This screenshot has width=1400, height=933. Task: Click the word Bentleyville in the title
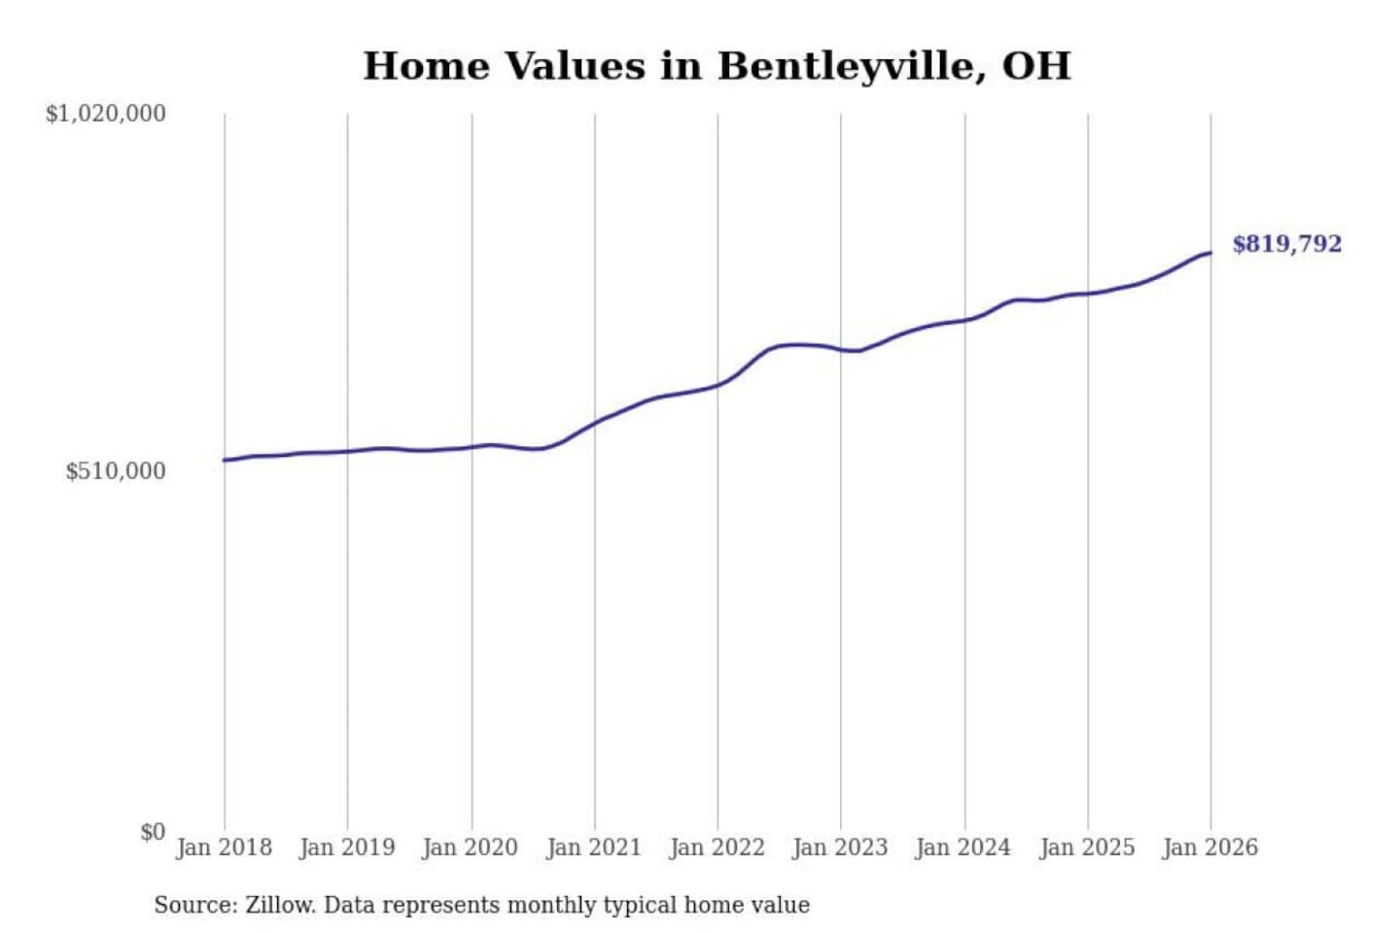tap(845, 66)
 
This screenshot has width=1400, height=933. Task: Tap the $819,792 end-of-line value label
tap(1286, 244)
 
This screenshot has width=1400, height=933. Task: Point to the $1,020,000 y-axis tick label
tap(106, 114)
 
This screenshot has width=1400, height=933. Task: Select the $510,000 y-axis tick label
tap(116, 471)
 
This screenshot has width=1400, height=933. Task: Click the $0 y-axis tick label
tap(153, 832)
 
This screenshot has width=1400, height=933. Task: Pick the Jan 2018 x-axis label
tap(224, 847)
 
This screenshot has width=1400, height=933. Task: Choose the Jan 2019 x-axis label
tap(347, 847)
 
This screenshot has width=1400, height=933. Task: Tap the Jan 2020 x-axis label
tap(471, 847)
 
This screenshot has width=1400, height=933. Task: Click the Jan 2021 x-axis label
tap(594, 847)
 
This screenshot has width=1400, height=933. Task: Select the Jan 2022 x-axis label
tap(717, 847)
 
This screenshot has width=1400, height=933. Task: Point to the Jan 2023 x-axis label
tap(840, 847)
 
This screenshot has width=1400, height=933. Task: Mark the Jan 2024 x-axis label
tap(963, 847)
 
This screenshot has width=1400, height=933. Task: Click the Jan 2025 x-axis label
tap(1087, 847)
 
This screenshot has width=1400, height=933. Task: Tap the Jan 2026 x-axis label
tap(1210, 847)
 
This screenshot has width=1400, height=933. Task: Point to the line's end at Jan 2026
tap(1210, 253)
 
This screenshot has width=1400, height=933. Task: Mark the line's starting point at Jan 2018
tap(225, 460)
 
